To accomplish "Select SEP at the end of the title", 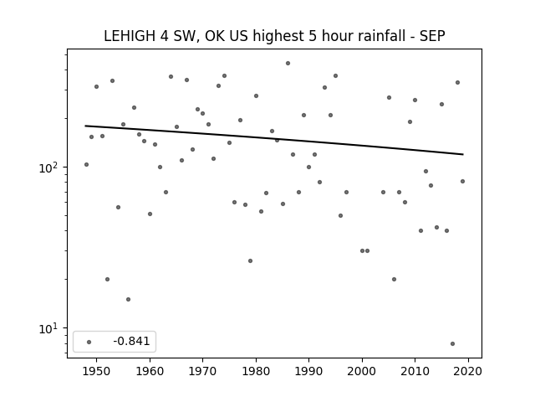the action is click(432, 36).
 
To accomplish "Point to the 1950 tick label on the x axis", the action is click(96, 371).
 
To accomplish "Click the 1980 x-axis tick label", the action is click(256, 371).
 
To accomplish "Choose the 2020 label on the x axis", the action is click(468, 371).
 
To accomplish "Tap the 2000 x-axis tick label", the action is click(362, 371).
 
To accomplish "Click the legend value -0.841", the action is click(131, 341).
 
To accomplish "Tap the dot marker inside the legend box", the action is click(89, 342).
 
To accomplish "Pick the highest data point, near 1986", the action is click(288, 64).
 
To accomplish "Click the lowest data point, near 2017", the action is click(452, 344).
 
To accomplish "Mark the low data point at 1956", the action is click(128, 300).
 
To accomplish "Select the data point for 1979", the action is click(251, 260).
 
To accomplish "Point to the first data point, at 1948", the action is click(86, 165).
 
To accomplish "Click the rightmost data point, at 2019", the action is click(462, 181).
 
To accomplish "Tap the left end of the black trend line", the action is click(85, 126).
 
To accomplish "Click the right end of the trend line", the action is click(463, 154).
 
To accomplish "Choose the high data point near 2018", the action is click(457, 82).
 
